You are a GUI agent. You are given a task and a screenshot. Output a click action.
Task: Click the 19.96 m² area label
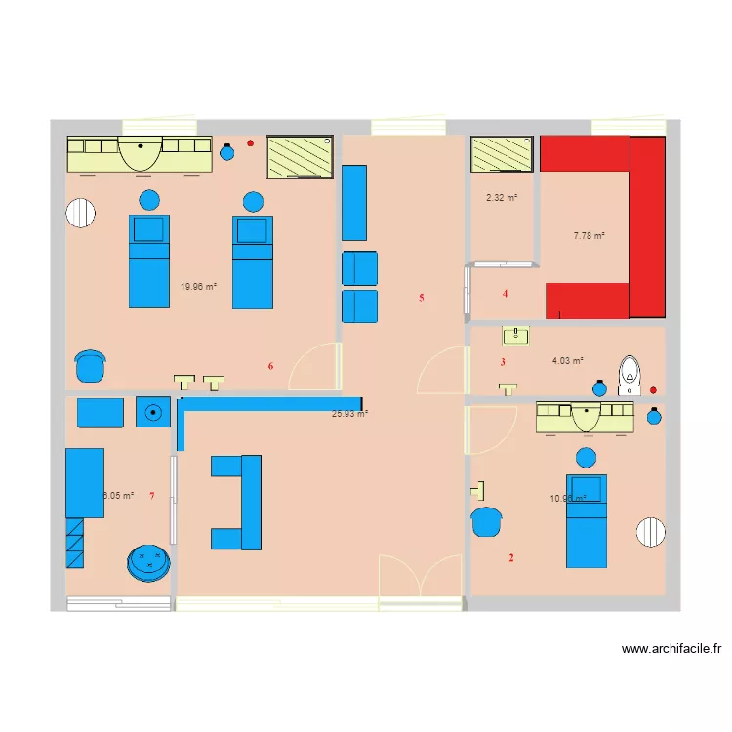click(x=198, y=287)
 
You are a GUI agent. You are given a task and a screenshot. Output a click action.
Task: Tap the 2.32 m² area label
click(x=502, y=198)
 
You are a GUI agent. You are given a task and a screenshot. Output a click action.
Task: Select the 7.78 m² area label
click(x=589, y=235)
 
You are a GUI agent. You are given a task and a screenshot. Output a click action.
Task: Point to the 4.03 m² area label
click(x=567, y=360)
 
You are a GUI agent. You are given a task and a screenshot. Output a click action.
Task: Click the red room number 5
click(x=422, y=298)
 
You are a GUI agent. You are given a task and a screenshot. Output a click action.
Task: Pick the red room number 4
click(x=505, y=294)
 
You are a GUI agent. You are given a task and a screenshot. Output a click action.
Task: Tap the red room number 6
click(x=270, y=366)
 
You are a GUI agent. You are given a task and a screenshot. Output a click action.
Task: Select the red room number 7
click(x=152, y=496)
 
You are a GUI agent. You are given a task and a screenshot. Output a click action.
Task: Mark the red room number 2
click(x=510, y=558)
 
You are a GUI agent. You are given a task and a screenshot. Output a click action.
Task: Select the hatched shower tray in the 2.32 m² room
click(x=502, y=153)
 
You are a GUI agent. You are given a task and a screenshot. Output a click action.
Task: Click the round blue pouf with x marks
click(x=148, y=562)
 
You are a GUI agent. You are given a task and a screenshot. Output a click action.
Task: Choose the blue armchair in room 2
click(x=486, y=522)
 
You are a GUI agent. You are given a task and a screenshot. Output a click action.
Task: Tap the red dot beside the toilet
click(x=653, y=390)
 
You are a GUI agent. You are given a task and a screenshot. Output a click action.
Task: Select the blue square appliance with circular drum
click(x=152, y=412)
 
